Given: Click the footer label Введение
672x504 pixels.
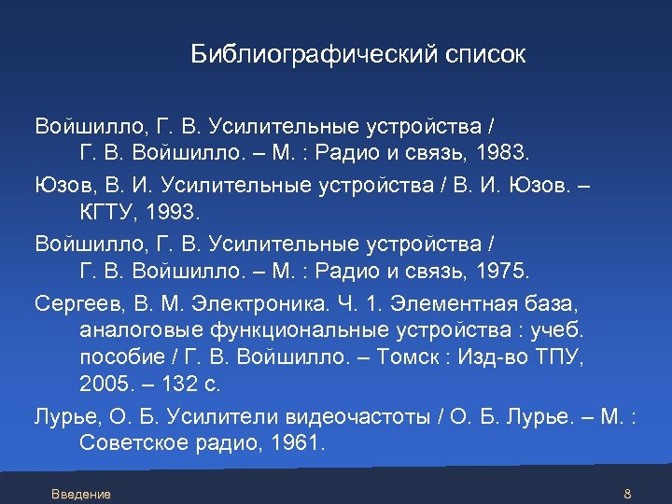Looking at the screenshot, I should click(81, 494).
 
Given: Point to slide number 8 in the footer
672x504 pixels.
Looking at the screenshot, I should click(627, 494).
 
